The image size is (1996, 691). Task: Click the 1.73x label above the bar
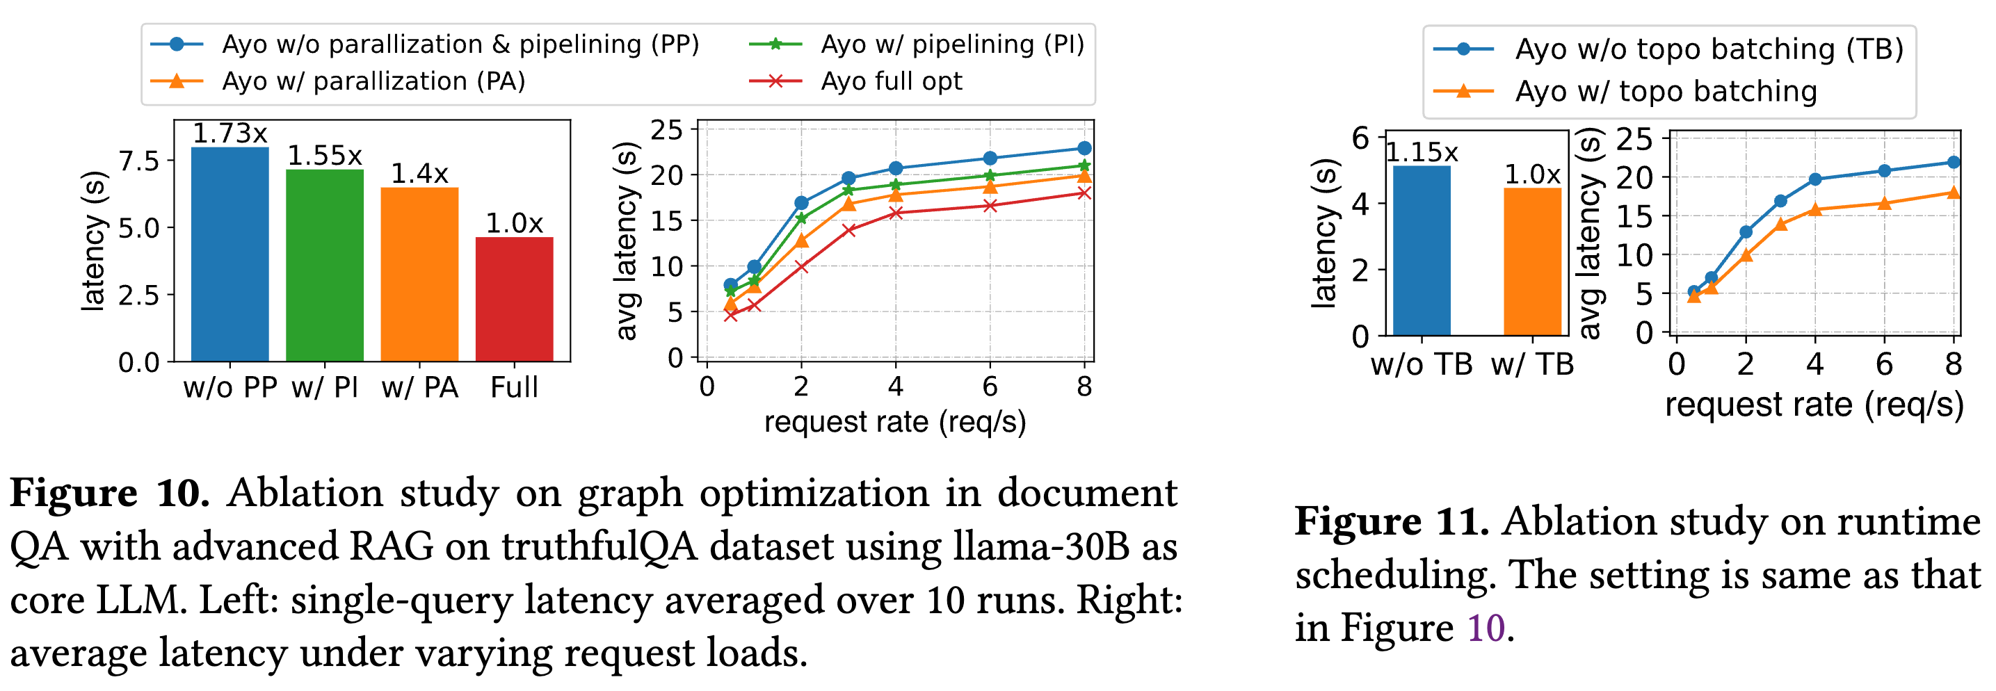[230, 133]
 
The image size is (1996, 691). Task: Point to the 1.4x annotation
[419, 174]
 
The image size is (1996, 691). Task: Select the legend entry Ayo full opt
[891, 81]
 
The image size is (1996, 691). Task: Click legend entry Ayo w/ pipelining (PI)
[952, 44]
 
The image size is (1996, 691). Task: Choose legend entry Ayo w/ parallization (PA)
[373, 81]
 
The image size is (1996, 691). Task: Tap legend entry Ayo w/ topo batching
[1666, 91]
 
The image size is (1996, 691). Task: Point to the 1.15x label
[1421, 153]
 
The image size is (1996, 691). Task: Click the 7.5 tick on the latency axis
[138, 161]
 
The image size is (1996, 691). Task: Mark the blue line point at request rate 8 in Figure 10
[1084, 148]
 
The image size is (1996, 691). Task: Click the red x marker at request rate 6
[990, 205]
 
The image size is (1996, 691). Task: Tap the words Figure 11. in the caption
[1392, 521]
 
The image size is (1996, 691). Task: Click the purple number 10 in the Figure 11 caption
[1486, 628]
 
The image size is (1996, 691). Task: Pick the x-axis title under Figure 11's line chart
[1814, 405]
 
